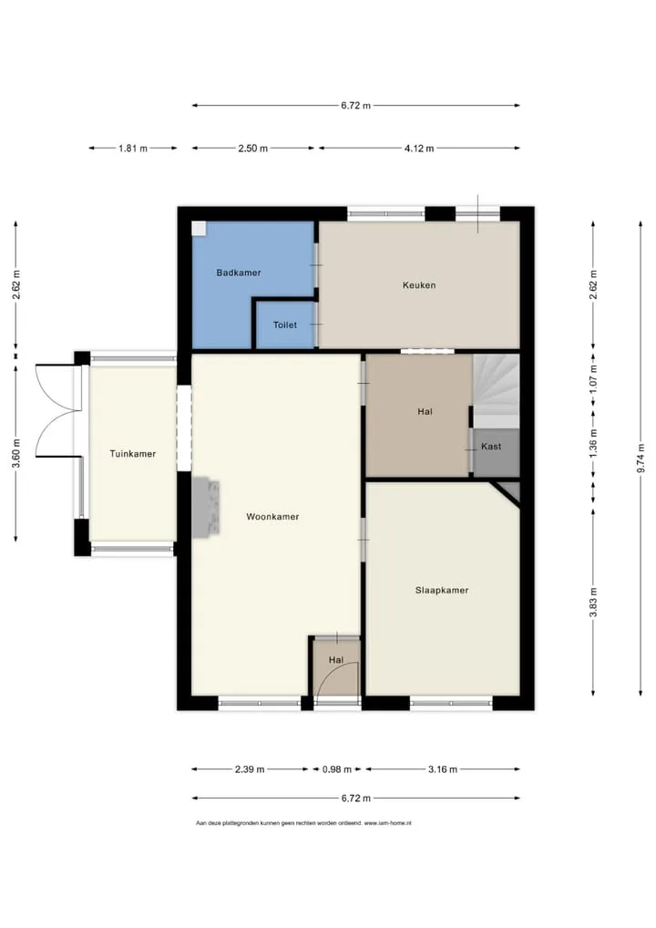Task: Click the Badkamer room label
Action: [x=239, y=273]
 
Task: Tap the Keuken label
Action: [x=419, y=285]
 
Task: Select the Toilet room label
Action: [x=284, y=325]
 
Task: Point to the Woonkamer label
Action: [x=272, y=517]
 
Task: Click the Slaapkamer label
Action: [x=442, y=590]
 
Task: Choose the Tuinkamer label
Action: [x=132, y=454]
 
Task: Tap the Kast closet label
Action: [x=491, y=447]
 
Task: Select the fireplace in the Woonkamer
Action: [x=206, y=507]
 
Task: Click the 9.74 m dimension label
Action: [x=641, y=459]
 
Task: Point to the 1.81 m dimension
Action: [x=133, y=149]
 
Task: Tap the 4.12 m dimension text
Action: [x=419, y=149]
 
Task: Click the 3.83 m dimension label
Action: [x=593, y=602]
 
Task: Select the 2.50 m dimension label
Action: [x=252, y=149]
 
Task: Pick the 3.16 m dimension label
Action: [x=443, y=769]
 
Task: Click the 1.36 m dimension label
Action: [x=593, y=440]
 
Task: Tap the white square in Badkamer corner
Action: [x=200, y=229]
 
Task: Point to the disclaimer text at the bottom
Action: [x=303, y=823]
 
